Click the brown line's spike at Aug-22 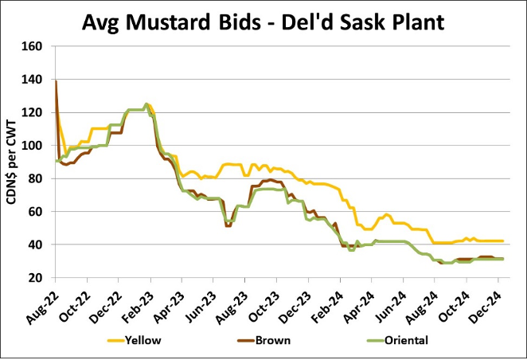56,82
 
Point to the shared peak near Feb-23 146,104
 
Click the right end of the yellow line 502,241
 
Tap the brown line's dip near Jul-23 228,225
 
